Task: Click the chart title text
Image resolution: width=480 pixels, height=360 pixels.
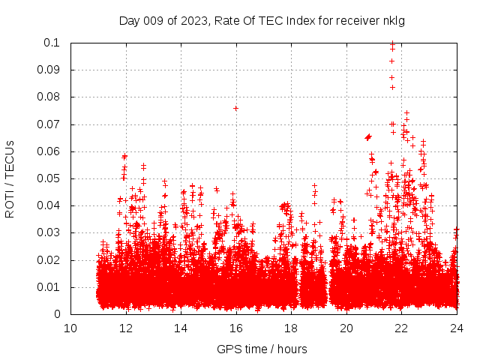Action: (262, 20)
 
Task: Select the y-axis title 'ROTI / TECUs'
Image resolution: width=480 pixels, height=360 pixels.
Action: (10, 178)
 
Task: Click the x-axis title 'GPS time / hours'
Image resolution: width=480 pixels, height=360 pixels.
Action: (262, 349)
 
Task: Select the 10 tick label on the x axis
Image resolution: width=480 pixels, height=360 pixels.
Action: (70, 328)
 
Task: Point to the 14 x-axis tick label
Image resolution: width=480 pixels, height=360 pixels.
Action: (181, 328)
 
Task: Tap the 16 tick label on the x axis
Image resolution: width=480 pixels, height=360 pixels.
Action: (236, 328)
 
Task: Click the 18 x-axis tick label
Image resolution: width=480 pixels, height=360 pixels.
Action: (292, 328)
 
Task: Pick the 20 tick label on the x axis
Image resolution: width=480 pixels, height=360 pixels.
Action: (346, 328)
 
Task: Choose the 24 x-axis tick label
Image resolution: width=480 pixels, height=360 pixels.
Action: (457, 328)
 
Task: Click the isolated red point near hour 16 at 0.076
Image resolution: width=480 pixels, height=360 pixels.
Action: (235, 108)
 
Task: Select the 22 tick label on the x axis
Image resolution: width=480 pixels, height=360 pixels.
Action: (402, 328)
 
